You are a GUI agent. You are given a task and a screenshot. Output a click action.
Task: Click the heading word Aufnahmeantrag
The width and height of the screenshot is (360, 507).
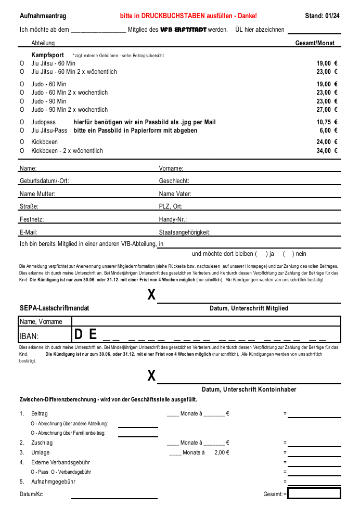pyautogui.click(x=43, y=16)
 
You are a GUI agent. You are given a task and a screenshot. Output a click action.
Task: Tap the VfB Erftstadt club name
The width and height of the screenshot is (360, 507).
pyautogui.click(x=183, y=30)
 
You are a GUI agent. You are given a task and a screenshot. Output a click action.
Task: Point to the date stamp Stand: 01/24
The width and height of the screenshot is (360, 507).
pyautogui.click(x=322, y=16)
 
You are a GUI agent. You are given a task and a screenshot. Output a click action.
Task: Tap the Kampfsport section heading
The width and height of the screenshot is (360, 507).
pyautogui.click(x=47, y=55)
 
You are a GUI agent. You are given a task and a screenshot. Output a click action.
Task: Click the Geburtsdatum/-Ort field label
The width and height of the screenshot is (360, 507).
pyautogui.click(x=44, y=181)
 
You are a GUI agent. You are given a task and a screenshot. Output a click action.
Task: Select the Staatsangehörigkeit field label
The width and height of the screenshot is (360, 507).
pyautogui.click(x=185, y=232)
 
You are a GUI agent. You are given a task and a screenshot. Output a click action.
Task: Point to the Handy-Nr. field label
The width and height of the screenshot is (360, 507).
pyautogui.click(x=173, y=219)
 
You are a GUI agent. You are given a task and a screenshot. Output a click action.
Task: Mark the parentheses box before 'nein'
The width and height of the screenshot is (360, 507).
pyautogui.click(x=288, y=254)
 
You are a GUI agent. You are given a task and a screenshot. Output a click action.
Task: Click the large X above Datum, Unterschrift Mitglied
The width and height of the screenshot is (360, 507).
pyautogui.click(x=151, y=295)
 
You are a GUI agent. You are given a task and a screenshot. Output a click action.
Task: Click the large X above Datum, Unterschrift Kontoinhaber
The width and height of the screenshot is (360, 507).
pyautogui.click(x=151, y=376)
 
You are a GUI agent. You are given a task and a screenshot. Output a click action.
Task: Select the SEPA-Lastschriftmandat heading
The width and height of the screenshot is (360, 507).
pyautogui.click(x=54, y=308)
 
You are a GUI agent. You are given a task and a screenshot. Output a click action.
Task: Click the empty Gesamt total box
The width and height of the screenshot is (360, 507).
pyautogui.click(x=314, y=493)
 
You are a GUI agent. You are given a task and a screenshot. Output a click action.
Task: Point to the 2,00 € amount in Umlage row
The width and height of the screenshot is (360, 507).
pyautogui.click(x=222, y=452)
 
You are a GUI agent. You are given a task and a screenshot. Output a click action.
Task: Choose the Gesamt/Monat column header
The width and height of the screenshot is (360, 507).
pyautogui.click(x=315, y=43)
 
